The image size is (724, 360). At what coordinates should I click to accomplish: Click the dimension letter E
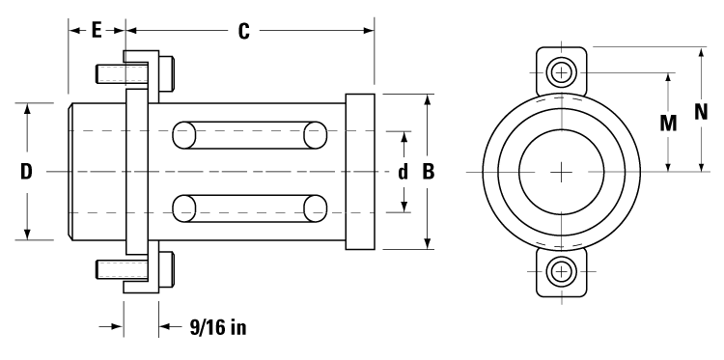click(x=97, y=31)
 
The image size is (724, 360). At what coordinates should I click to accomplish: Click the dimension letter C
click(x=244, y=31)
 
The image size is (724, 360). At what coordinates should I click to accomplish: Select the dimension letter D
click(x=27, y=172)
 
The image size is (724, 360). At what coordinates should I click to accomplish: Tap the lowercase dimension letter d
click(x=403, y=172)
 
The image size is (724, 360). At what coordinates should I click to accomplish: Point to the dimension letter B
click(x=428, y=172)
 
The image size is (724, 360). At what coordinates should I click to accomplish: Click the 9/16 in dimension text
click(x=217, y=327)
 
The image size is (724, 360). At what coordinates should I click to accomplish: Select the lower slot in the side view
click(x=249, y=208)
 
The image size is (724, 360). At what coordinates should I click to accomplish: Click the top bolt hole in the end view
click(x=561, y=72)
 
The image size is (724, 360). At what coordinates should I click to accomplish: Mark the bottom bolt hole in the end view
click(x=561, y=271)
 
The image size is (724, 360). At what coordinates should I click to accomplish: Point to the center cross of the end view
click(x=561, y=172)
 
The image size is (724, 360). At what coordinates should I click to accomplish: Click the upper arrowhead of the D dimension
click(x=27, y=108)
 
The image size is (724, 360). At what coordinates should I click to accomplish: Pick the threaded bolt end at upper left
click(x=110, y=73)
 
